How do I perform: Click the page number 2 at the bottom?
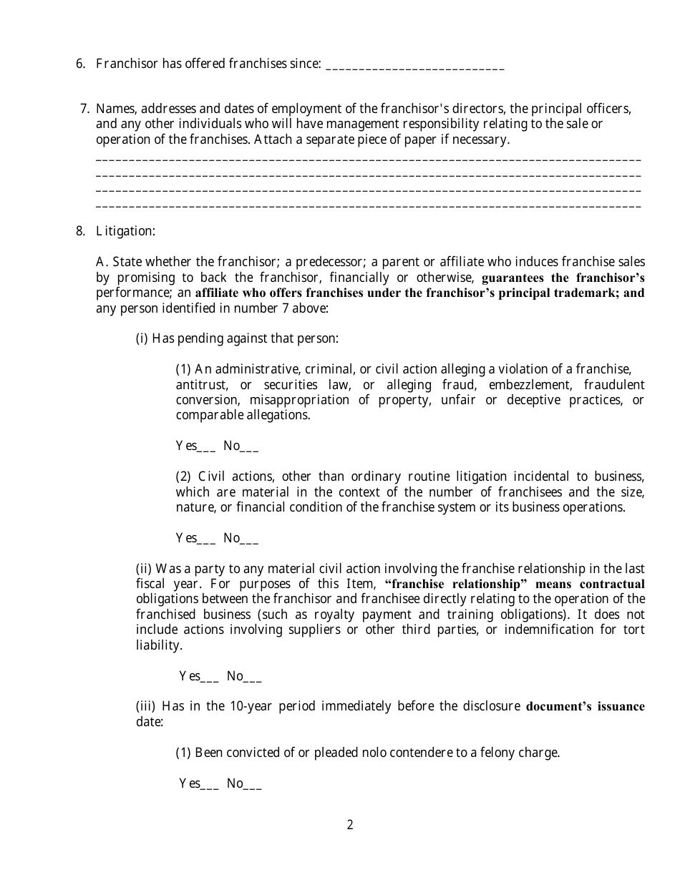click(x=350, y=825)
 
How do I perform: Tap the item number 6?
click(x=80, y=64)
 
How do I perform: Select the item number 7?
click(x=84, y=109)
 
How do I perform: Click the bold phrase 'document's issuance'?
click(x=585, y=707)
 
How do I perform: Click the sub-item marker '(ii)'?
click(x=144, y=569)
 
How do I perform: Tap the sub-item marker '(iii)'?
click(x=145, y=707)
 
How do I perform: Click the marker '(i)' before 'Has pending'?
click(x=142, y=338)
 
